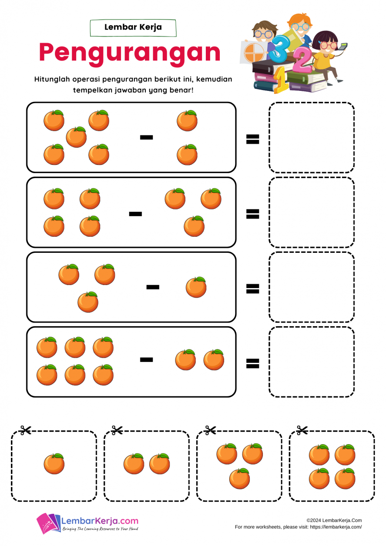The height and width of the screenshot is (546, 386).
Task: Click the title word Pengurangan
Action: click(129, 53)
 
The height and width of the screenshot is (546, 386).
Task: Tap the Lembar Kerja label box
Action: click(133, 27)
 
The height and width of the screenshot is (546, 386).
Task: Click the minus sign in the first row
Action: click(146, 137)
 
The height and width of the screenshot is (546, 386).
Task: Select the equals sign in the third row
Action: click(252, 288)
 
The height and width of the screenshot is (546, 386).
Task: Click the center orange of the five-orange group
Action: click(76, 137)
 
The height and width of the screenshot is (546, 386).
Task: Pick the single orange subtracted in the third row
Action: click(196, 287)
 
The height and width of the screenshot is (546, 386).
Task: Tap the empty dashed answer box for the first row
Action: click(312, 137)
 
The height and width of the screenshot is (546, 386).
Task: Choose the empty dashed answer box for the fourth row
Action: click(312, 362)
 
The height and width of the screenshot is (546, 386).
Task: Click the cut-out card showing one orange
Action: click(54, 466)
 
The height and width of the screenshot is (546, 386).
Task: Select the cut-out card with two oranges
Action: click(147, 466)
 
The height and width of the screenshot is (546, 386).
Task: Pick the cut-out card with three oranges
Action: click(239, 466)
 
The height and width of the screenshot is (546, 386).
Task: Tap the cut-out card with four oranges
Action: click(332, 466)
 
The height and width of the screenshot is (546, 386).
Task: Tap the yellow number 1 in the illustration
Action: click(281, 80)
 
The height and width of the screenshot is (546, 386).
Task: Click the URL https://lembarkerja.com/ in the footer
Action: click(336, 527)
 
